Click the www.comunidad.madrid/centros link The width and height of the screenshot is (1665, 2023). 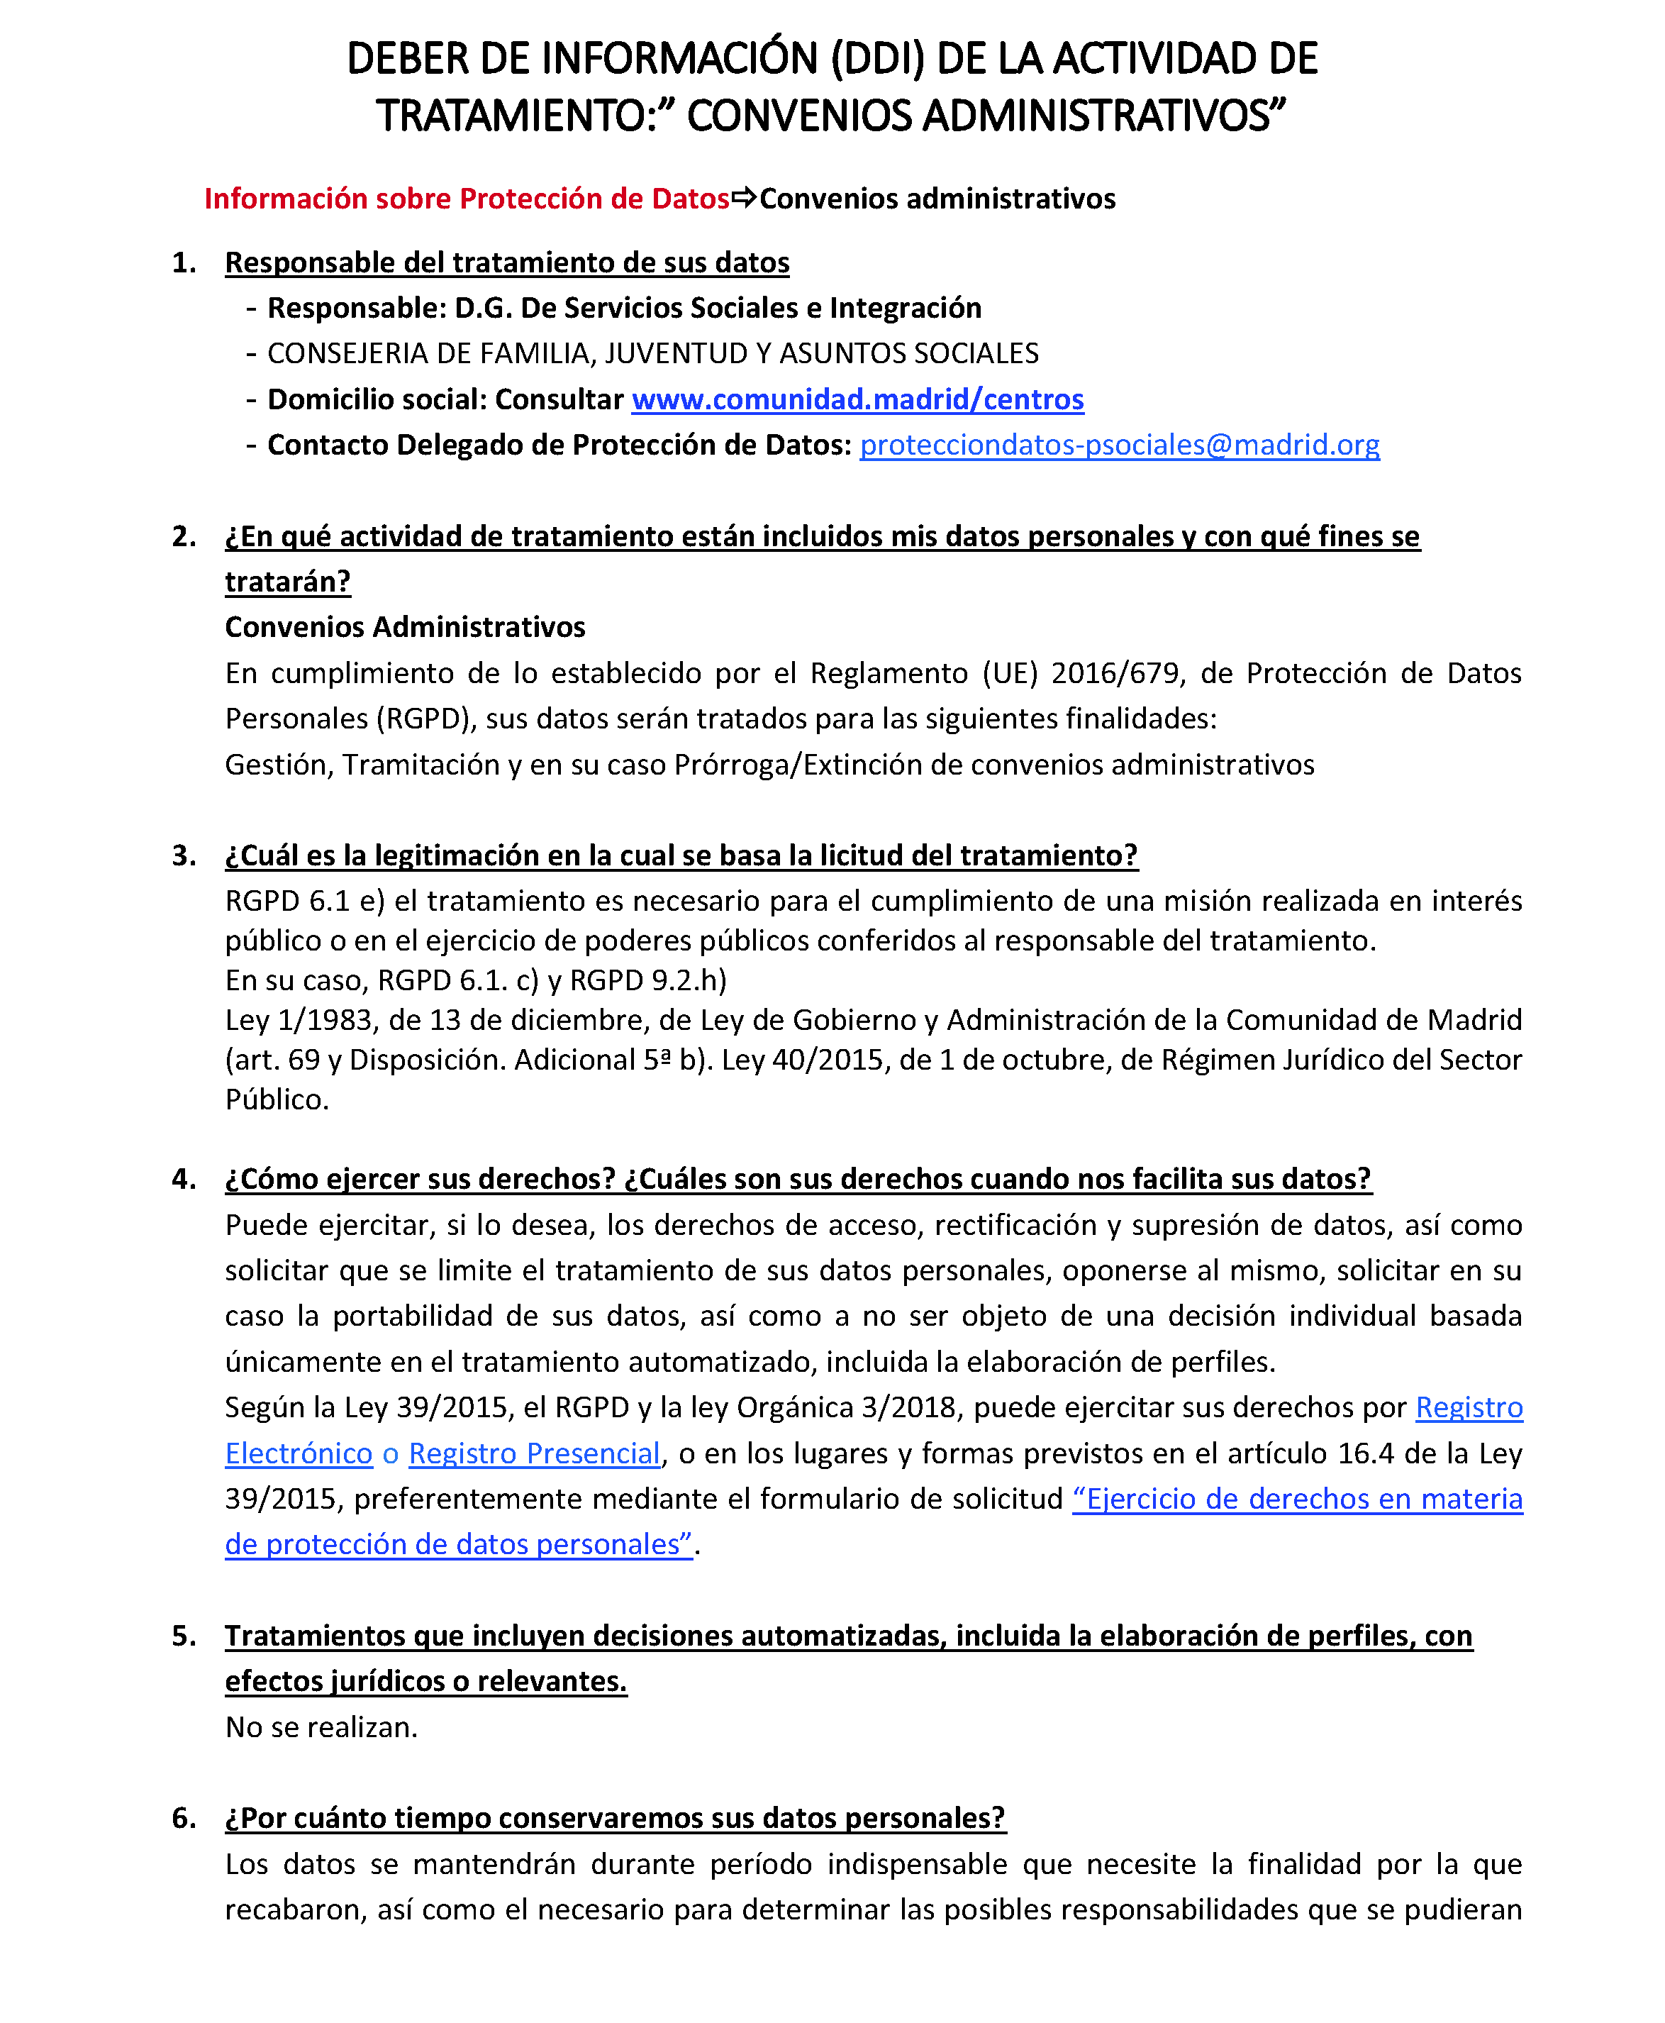(857, 399)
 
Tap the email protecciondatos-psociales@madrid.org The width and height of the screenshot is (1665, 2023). (1119, 445)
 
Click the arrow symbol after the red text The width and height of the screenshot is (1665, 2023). (745, 199)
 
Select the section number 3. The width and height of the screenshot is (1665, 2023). (183, 855)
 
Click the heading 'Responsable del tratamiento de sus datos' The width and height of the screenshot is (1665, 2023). (506, 263)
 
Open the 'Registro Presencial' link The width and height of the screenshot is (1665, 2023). (534, 1453)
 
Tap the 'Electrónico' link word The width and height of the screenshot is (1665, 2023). (299, 1453)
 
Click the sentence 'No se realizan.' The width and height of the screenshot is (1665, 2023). (321, 1727)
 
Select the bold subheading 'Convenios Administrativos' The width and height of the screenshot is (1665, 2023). (405, 627)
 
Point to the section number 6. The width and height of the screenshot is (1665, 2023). (183, 1818)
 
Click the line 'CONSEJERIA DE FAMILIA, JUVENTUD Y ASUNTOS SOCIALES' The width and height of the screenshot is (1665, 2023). (652, 354)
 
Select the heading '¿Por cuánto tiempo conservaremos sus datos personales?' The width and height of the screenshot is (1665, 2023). (615, 1818)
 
